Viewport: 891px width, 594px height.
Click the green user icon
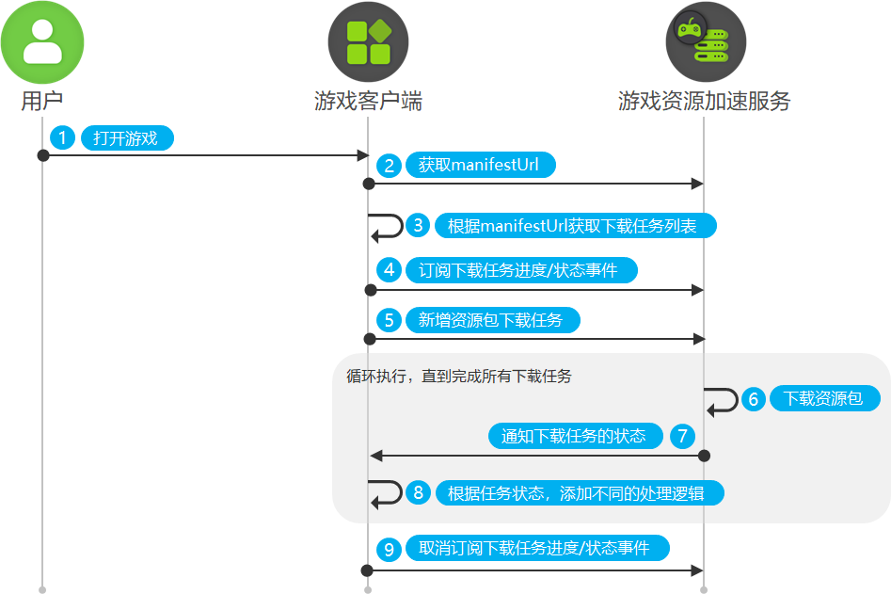[x=41, y=42]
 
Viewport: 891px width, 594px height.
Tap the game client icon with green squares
[x=368, y=42]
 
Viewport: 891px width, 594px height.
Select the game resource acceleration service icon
[x=706, y=42]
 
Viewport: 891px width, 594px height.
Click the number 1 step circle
[x=63, y=138]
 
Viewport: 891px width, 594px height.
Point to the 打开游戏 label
[x=126, y=138]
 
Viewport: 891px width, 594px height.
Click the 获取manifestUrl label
[x=480, y=166]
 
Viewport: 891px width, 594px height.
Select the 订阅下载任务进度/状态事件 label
[x=518, y=271]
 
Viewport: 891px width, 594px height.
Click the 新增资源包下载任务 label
[x=490, y=320]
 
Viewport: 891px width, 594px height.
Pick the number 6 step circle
[x=753, y=399]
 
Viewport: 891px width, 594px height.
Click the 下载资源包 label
[x=823, y=399]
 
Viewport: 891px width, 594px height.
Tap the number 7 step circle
[x=682, y=436]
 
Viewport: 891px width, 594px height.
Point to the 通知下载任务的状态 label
[x=574, y=436]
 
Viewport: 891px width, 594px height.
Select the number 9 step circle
[x=389, y=549]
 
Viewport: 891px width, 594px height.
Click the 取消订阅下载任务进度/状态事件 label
[x=534, y=549]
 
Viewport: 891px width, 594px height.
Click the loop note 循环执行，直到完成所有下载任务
[x=459, y=377]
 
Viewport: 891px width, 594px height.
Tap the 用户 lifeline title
[x=41, y=102]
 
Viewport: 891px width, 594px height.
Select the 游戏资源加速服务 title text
[x=705, y=102]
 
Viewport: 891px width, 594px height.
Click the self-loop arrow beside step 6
[x=723, y=400]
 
